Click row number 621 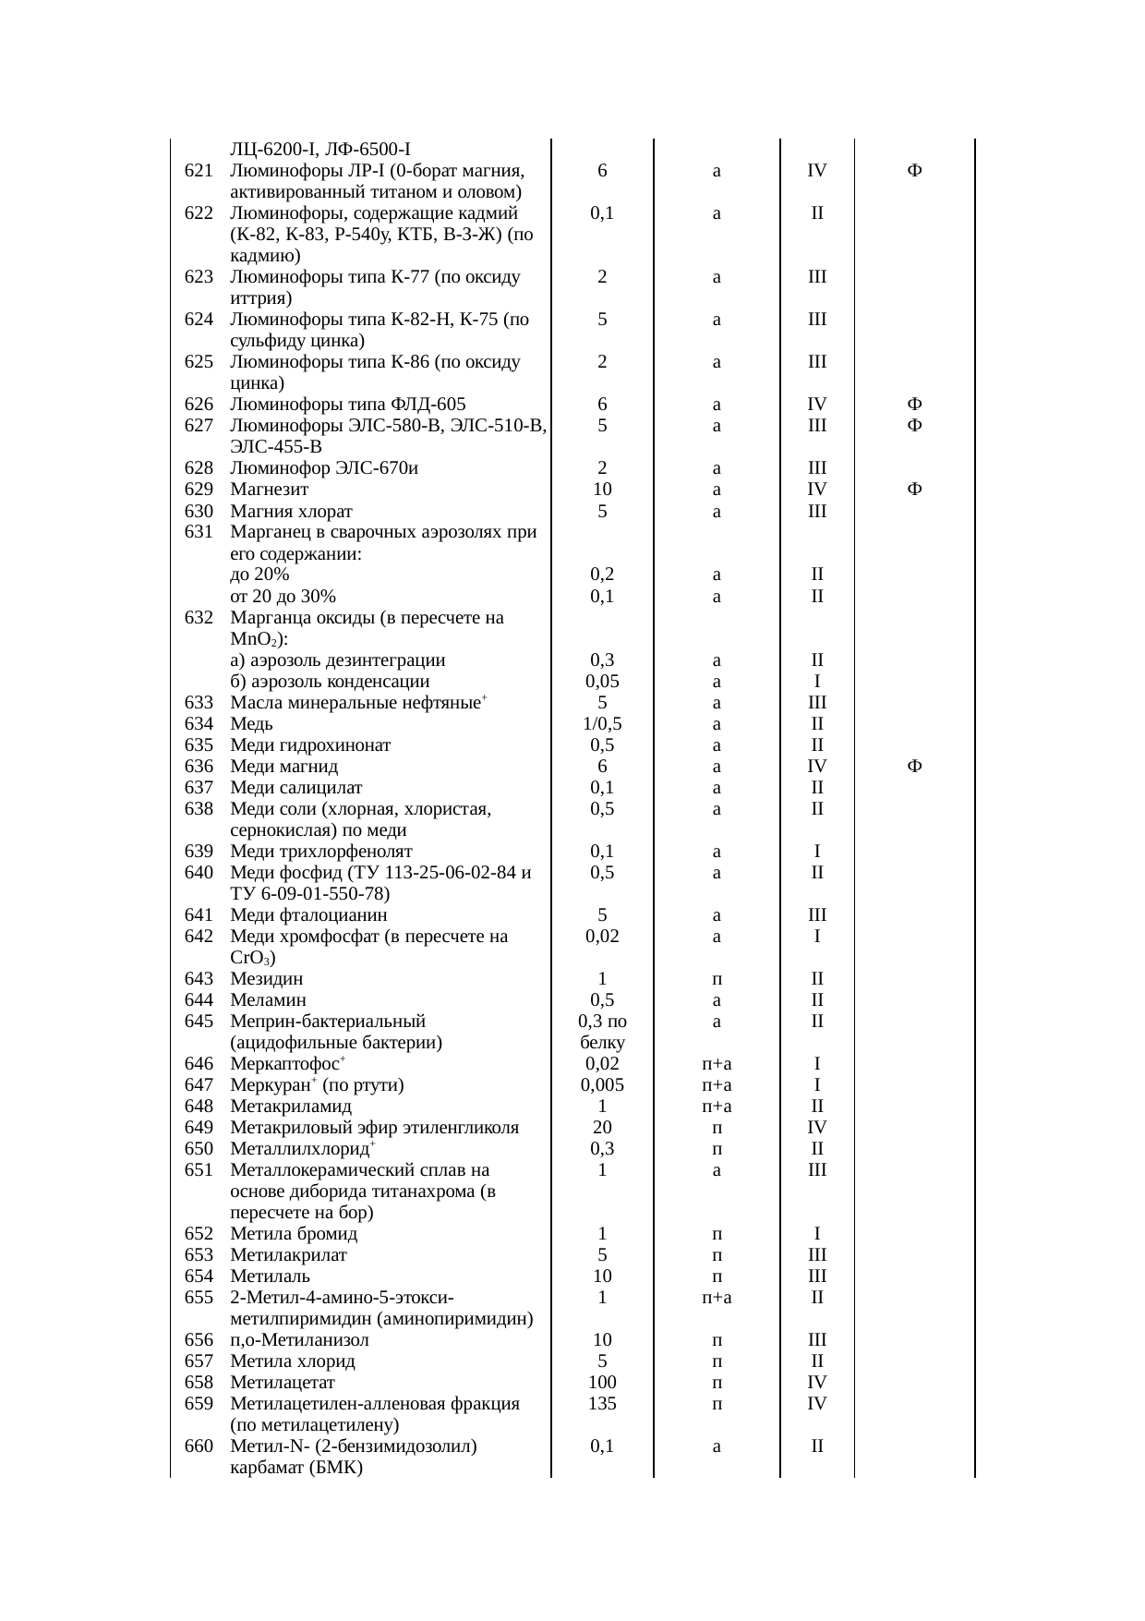pyautogui.click(x=199, y=171)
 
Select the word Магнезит pyautogui.click(x=269, y=490)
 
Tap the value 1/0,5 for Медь pyautogui.click(x=602, y=724)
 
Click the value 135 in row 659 pyautogui.click(x=602, y=1404)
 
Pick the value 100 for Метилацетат pyautogui.click(x=602, y=1383)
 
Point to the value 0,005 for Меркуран pyautogui.click(x=602, y=1085)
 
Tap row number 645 pyautogui.click(x=199, y=1022)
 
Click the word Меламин pyautogui.click(x=268, y=1000)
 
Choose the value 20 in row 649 pyautogui.click(x=602, y=1128)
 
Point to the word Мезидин pyautogui.click(x=266, y=979)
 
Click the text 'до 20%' pyautogui.click(x=259, y=575)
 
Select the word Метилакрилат pyautogui.click(x=288, y=1255)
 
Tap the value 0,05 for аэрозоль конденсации pyautogui.click(x=602, y=682)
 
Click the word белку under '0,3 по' pyautogui.click(x=602, y=1043)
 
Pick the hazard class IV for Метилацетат pyautogui.click(x=816, y=1383)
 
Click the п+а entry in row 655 pyautogui.click(x=717, y=1298)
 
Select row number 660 pyautogui.click(x=199, y=1446)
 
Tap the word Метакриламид pyautogui.click(x=291, y=1107)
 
